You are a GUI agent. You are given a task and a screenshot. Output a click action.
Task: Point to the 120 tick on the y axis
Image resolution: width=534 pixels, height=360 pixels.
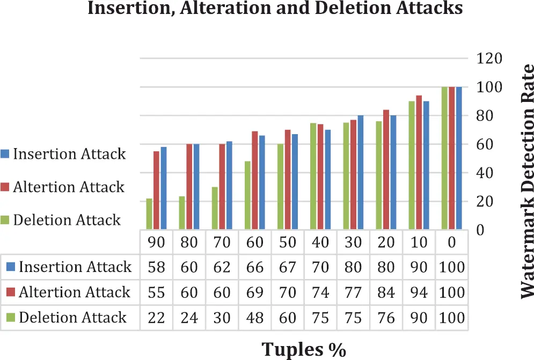[489, 58]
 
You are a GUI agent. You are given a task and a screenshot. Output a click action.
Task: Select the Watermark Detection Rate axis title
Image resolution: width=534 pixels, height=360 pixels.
[528, 181]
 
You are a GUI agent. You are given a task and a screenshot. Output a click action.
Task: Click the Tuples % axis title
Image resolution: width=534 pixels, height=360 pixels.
[304, 349]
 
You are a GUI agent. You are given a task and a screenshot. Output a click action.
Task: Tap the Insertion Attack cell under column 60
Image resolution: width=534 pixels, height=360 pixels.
[254, 267]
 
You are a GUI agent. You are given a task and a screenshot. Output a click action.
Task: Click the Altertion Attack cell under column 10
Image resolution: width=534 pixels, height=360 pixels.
[419, 292]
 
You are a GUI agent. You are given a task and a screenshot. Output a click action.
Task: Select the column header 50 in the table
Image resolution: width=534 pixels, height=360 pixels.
[288, 243]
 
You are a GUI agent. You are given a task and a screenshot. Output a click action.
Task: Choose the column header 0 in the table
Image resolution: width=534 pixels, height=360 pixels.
[452, 243]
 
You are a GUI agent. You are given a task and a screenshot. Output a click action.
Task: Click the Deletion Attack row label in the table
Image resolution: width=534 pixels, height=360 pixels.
[73, 317]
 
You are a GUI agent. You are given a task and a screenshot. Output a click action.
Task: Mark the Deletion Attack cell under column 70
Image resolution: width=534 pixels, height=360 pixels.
[222, 317]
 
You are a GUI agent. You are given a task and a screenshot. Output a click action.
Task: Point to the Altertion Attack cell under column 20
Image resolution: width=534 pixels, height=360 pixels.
[386, 292]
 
